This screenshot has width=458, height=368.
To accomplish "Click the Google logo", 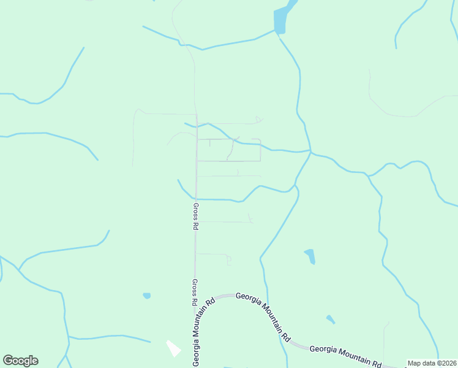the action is pyautogui.click(x=20, y=361).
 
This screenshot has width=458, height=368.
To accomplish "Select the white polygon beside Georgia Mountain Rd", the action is pyautogui.click(x=174, y=348).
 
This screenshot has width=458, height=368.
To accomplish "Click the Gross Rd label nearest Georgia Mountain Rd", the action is pyautogui.click(x=194, y=293).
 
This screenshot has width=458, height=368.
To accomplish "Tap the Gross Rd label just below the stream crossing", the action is pyautogui.click(x=195, y=217).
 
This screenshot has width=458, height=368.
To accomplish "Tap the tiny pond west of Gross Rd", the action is pyautogui.click(x=147, y=296).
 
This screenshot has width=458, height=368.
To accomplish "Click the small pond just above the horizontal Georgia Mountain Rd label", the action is pyautogui.click(x=331, y=320).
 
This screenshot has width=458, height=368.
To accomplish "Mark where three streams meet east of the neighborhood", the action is pyautogui.click(x=311, y=151).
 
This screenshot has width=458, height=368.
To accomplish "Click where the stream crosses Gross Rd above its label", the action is pyautogui.click(x=196, y=199).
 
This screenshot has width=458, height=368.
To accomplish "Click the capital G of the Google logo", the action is pyautogui.click(x=8, y=361).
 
